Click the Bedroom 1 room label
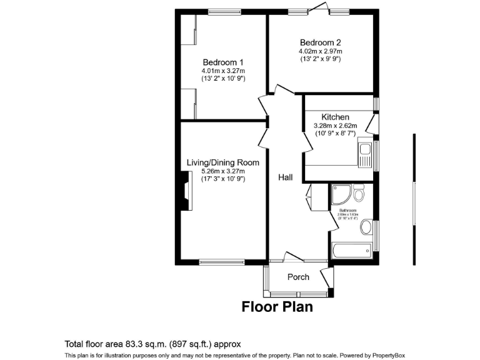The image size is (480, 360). pos(222,62)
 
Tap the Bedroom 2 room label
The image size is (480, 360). pos(320,42)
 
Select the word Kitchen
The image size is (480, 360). pos(335,117)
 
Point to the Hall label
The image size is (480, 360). pos(285,177)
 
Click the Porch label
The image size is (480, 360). pos(298,277)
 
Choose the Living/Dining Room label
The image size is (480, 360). pos(222,162)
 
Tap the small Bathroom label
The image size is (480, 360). pos(347,211)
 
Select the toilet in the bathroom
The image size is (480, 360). pos(358,191)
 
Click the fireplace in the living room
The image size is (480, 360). pos(186,192)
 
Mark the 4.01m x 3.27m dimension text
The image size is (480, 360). pos(222,71)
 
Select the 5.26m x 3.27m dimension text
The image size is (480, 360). pos(222,171)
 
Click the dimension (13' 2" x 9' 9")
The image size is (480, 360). pos(320,59)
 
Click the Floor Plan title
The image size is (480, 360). pos(277,307)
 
